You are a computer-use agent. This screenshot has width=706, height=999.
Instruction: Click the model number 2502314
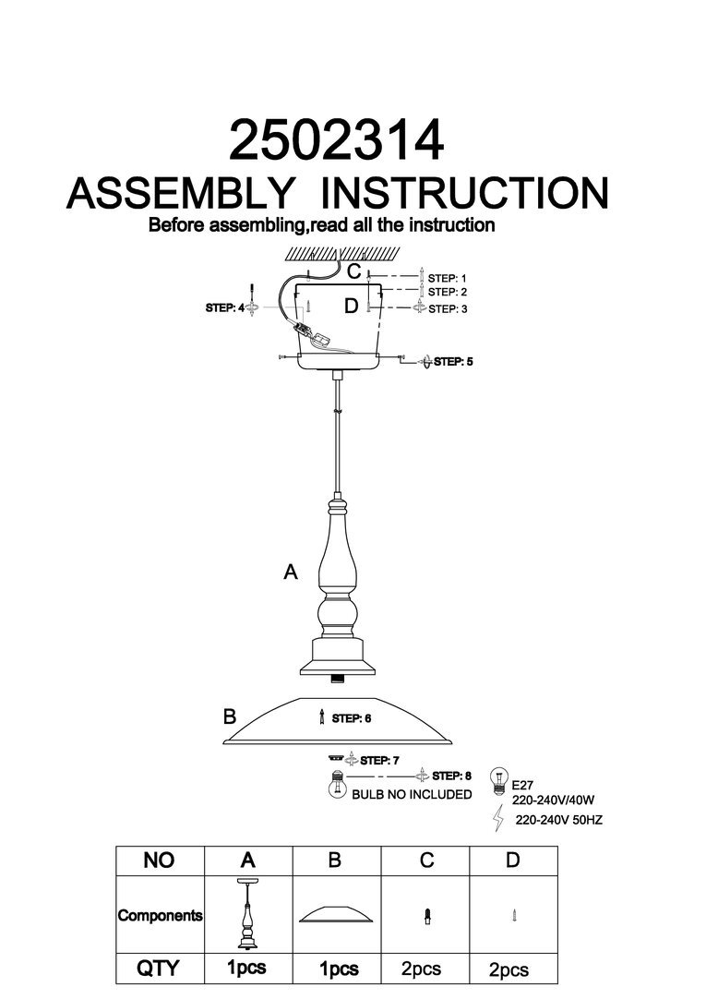336,142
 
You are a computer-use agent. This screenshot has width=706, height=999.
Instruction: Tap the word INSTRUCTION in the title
469,194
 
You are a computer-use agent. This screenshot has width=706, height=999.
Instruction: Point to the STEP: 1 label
449,277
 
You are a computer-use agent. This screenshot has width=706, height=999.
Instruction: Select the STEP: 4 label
225,309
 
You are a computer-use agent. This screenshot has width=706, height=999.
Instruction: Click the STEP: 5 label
453,362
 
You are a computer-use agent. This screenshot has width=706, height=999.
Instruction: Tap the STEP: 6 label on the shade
351,717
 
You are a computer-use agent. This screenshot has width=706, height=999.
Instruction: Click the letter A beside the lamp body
291,573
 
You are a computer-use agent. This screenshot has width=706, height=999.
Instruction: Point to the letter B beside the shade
230,716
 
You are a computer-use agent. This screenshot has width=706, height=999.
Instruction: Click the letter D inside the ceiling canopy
350,307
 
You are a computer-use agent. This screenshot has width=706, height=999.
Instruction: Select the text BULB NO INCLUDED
412,794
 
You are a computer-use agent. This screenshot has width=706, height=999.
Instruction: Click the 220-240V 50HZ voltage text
558,819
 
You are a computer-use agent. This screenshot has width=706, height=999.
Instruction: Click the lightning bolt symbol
499,817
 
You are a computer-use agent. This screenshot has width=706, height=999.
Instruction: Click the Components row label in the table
160,916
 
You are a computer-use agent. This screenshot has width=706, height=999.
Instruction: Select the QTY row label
158,969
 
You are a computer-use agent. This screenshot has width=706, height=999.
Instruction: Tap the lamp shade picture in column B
336,915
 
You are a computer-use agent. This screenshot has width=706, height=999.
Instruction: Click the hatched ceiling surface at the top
341,252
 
